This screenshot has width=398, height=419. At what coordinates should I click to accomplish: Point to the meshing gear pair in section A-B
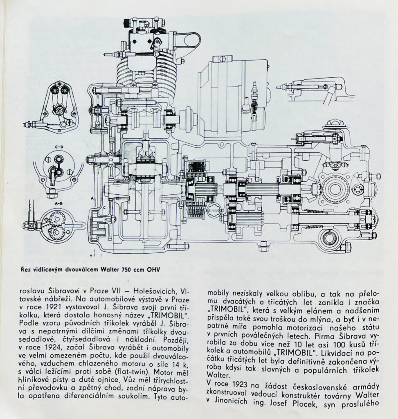pos(58,225)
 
